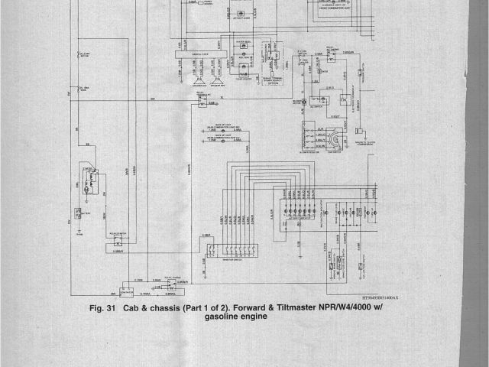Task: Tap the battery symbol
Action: [79, 211]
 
